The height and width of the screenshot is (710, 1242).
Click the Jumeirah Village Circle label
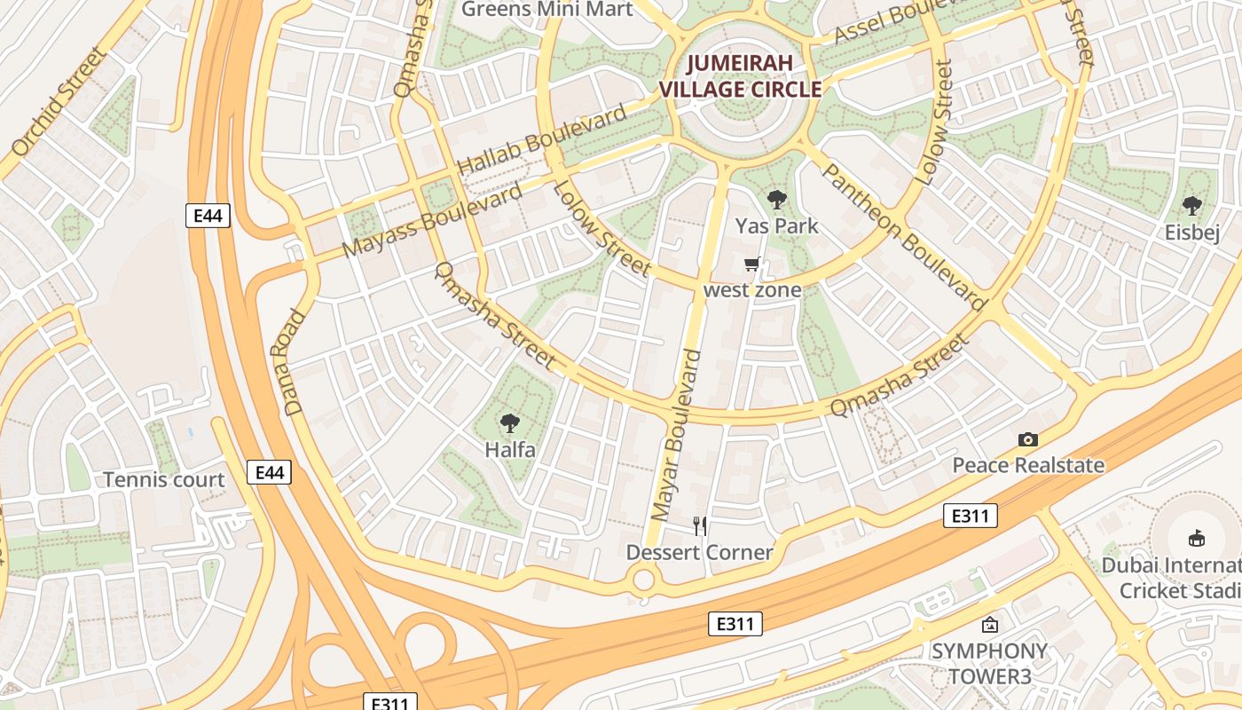pyautogui.click(x=740, y=76)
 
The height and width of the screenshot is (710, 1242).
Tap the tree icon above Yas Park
pyautogui.click(x=777, y=201)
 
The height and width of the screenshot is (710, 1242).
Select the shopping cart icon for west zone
pyautogui.click(x=752, y=264)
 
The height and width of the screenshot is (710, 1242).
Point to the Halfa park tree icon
pyautogui.click(x=509, y=423)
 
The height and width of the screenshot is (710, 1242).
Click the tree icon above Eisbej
pyautogui.click(x=1191, y=206)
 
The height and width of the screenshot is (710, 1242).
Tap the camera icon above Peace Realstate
pyautogui.click(x=1028, y=439)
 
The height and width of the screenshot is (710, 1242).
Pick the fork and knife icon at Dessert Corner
pyautogui.click(x=700, y=526)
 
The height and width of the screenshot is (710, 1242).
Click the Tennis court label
pyautogui.click(x=164, y=480)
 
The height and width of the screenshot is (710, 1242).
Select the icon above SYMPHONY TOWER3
pyautogui.click(x=989, y=626)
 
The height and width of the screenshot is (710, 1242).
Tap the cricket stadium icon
pyautogui.click(x=1196, y=537)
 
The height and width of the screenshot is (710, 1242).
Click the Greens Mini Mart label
pyautogui.click(x=547, y=10)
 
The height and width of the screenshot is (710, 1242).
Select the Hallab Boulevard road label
pyautogui.click(x=541, y=141)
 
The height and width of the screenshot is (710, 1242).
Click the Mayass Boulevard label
pyautogui.click(x=432, y=221)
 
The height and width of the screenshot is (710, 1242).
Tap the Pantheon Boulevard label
pyautogui.click(x=904, y=238)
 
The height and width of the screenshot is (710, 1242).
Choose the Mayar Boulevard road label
pyautogui.click(x=676, y=435)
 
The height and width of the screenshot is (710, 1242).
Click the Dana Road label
pyautogui.click(x=284, y=362)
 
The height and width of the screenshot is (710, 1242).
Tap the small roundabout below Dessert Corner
pyautogui.click(x=643, y=581)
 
